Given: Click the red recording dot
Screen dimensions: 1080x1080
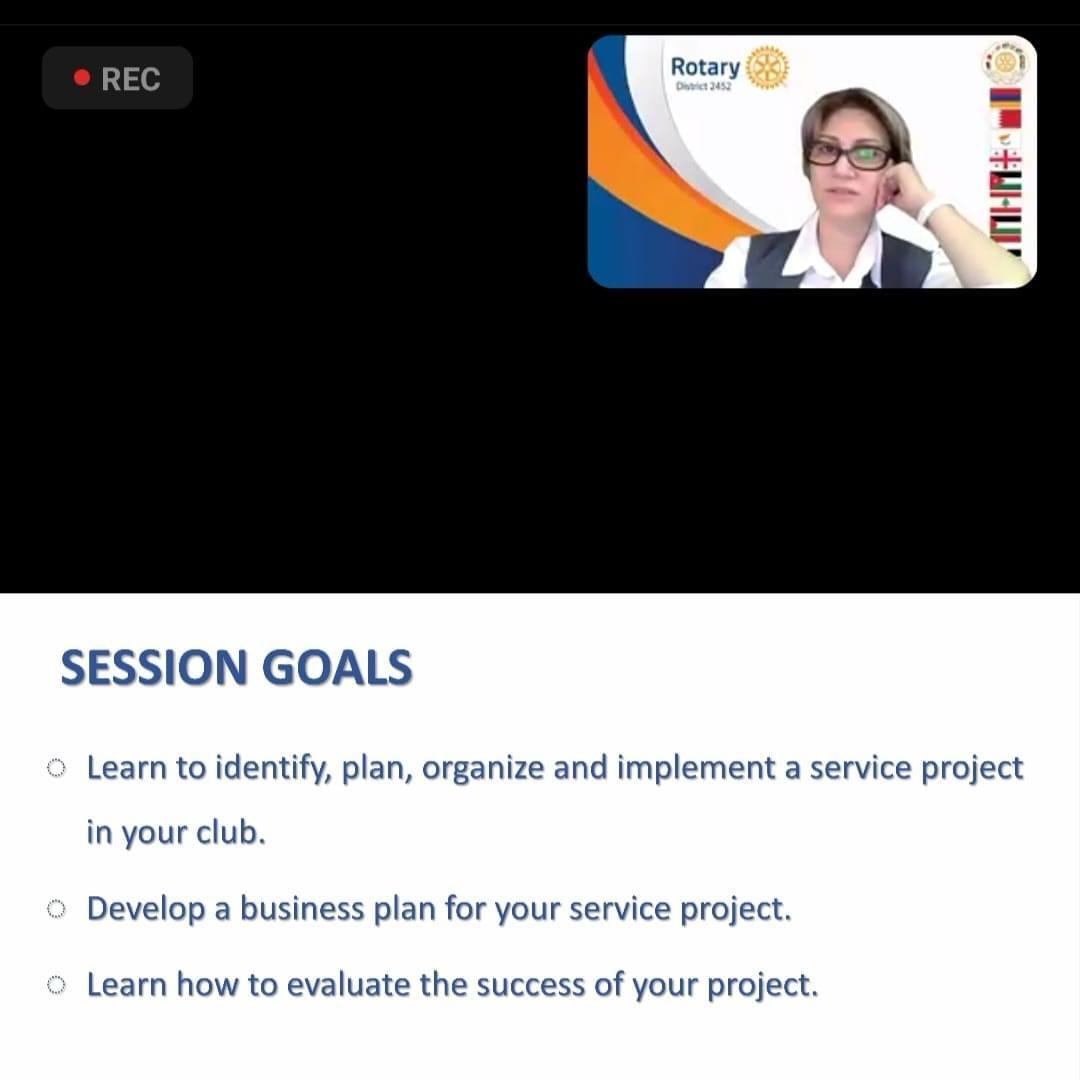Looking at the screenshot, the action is tap(82, 78).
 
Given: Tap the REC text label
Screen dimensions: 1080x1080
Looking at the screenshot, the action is tap(131, 79).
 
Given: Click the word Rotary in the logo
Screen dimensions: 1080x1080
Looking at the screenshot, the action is tap(705, 68).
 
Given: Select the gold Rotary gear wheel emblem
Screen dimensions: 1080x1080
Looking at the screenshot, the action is tap(767, 68).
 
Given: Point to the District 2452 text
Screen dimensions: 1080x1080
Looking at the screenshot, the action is tap(703, 87).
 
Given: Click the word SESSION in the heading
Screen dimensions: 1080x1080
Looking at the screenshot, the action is tap(154, 667).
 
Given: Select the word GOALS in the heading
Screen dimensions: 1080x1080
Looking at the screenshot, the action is tap(337, 667).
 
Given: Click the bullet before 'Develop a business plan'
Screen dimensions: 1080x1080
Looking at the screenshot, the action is tap(56, 909).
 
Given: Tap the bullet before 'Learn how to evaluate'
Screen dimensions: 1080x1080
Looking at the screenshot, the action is tap(56, 986).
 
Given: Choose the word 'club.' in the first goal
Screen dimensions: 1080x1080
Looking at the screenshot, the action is tap(231, 832).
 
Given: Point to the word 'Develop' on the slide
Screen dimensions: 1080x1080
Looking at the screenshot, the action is tap(146, 910).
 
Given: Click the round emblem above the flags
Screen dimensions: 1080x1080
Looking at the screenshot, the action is tap(1005, 62).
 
